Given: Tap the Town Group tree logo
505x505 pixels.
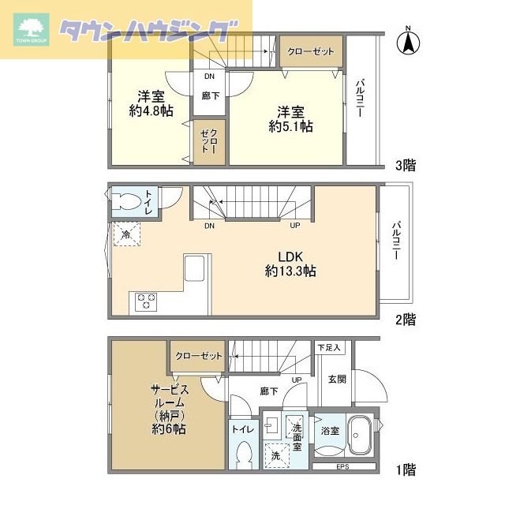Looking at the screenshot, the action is click(x=32, y=29).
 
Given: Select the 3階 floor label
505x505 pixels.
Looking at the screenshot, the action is click(x=406, y=165).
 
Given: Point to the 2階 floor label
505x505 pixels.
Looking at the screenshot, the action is click(x=406, y=319).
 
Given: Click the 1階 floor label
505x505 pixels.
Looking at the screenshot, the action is click(x=406, y=469).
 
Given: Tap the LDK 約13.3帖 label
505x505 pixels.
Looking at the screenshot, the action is click(x=290, y=264).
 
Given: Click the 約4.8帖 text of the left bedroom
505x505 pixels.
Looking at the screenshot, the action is click(x=151, y=110).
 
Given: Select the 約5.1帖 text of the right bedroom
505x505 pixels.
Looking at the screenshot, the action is click(x=290, y=126).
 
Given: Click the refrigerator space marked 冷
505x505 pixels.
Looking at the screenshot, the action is click(x=126, y=234).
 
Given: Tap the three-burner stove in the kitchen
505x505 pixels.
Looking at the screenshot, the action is click(x=146, y=301).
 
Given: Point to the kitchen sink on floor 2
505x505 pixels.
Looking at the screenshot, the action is click(x=194, y=268).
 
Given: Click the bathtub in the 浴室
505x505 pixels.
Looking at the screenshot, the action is click(x=360, y=435).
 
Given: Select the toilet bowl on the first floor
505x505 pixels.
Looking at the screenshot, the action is click(x=243, y=454).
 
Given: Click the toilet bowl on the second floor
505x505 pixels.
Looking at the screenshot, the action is click(x=126, y=201).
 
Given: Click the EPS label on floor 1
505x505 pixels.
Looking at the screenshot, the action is click(x=342, y=466).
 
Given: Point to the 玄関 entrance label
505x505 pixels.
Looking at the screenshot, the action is click(x=337, y=379).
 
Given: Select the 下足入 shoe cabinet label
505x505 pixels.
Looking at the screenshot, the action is click(x=329, y=347).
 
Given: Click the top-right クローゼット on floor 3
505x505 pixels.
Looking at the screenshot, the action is click(x=311, y=51).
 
